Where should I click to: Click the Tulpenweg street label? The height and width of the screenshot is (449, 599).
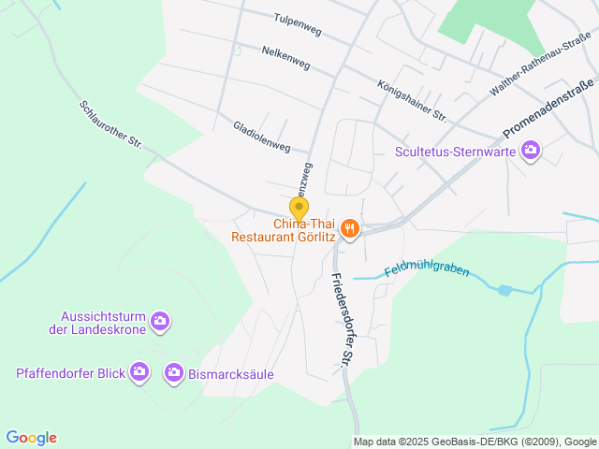pyautogui.click(x=298, y=24)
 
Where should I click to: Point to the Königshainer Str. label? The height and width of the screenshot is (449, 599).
pyautogui.click(x=411, y=99)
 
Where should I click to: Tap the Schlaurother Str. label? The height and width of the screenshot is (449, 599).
pyautogui.click(x=110, y=124)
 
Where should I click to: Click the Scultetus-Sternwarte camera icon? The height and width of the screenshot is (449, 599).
pyautogui.click(x=531, y=150)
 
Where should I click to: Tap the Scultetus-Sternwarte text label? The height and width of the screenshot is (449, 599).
pyautogui.click(x=456, y=151)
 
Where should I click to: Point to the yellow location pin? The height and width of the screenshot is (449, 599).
pyautogui.click(x=299, y=209)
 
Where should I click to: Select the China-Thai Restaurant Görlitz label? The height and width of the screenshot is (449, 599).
pyautogui.click(x=285, y=230)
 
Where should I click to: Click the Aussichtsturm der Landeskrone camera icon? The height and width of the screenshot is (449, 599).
pyautogui.click(x=160, y=322)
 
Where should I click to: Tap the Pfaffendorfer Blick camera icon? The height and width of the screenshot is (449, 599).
pyautogui.click(x=139, y=373)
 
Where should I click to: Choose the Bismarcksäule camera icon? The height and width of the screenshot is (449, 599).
pyautogui.click(x=173, y=373)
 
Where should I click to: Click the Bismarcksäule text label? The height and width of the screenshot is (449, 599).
pyautogui.click(x=231, y=374)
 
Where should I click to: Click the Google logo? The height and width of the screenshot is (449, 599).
pyautogui.click(x=31, y=438)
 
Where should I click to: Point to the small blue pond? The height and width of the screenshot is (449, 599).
pyautogui.click(x=505, y=291)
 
